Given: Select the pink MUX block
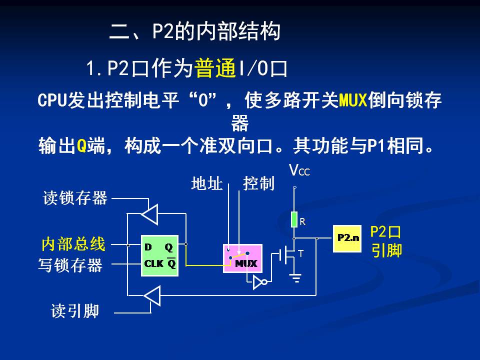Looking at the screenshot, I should pyautogui.click(x=242, y=258).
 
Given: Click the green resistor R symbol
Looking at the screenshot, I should pyautogui.click(x=294, y=219).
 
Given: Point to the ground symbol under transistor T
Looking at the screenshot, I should pyautogui.click(x=296, y=278).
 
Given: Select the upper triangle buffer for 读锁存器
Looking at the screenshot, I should pyautogui.click(x=150, y=213).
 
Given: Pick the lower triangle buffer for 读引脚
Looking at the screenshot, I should pyautogui.click(x=151, y=295).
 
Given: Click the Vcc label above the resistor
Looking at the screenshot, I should pyautogui.click(x=299, y=171).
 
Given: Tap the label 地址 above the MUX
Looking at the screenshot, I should pyautogui.click(x=206, y=184).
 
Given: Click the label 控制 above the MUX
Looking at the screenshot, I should pyautogui.click(x=259, y=184).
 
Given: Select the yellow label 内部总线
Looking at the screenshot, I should pyautogui.click(x=73, y=244).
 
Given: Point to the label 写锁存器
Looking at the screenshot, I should pyautogui.click(x=70, y=264).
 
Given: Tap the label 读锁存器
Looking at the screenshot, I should pyautogui.click(x=75, y=198).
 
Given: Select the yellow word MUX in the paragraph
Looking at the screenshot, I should pyautogui.click(x=353, y=101).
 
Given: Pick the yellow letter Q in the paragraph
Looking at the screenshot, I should pyautogui.click(x=81, y=146).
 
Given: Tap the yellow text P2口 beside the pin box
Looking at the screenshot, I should pyautogui.click(x=385, y=232).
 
